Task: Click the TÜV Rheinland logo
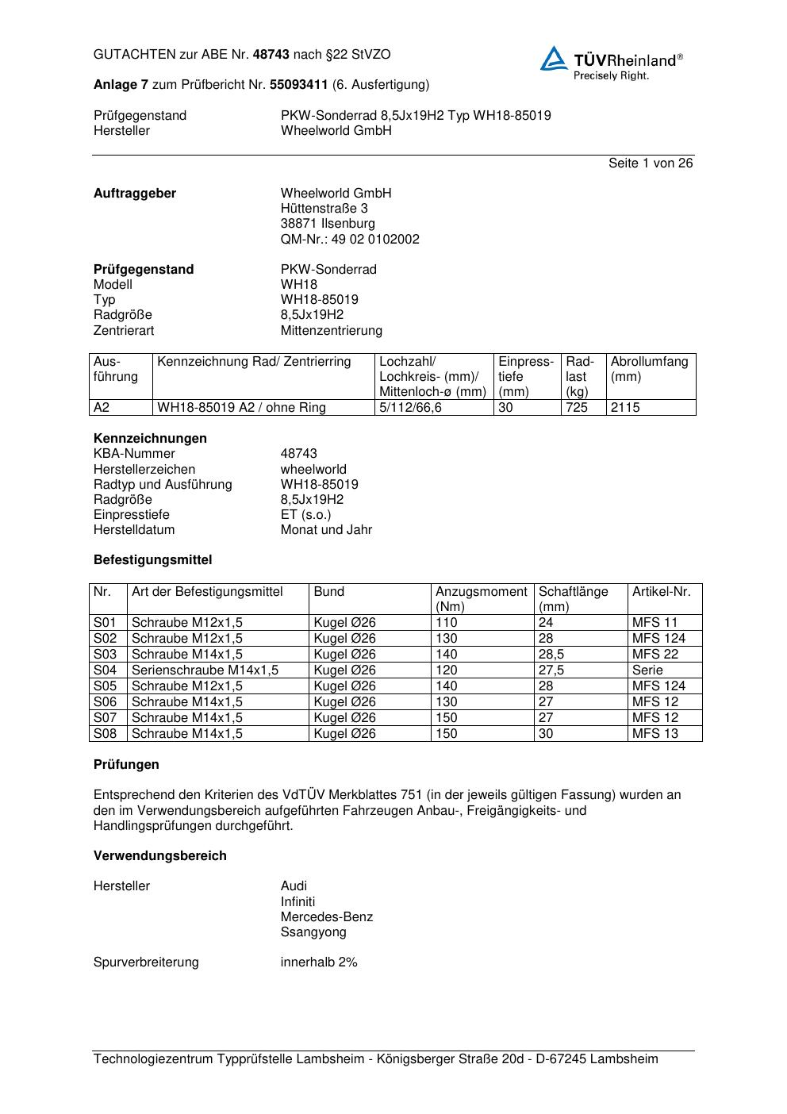tap(611, 63)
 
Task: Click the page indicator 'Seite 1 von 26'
tap(650, 163)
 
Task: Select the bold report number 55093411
tap(298, 85)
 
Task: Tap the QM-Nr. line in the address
tap(350, 240)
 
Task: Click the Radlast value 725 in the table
tap(577, 408)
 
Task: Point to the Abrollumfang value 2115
tap(625, 408)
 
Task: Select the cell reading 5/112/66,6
tap(410, 408)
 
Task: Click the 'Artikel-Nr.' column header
tap(661, 592)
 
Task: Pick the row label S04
tap(105, 670)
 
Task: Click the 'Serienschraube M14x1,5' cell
tap(205, 670)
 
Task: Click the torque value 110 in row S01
tap(447, 623)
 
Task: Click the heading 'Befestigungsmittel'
tap(152, 560)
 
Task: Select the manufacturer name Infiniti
tap(298, 902)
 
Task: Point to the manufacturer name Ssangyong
tap(313, 932)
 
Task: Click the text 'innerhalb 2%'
tap(319, 962)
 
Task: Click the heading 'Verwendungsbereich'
tap(159, 856)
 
